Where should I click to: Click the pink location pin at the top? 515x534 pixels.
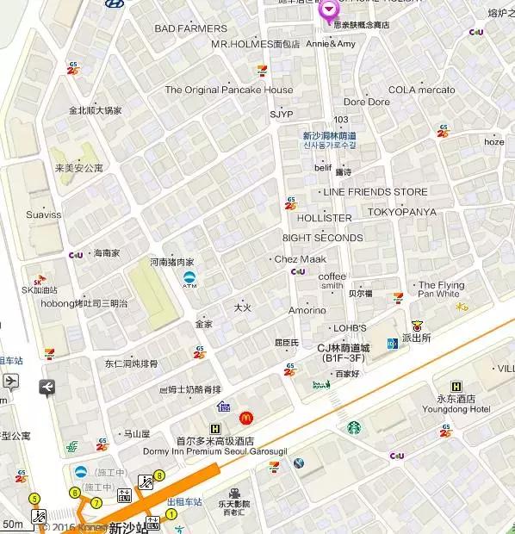coord(329,11)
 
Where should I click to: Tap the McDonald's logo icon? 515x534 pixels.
coord(245,418)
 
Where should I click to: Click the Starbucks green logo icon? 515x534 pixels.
coord(354,427)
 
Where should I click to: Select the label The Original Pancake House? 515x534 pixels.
coord(229,90)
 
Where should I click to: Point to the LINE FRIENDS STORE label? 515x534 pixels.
coord(375,191)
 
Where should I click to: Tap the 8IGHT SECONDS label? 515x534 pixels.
coord(322,238)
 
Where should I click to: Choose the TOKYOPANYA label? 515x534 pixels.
coord(401,212)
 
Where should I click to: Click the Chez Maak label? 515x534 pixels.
coord(300,259)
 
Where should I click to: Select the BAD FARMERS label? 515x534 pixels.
coord(190,28)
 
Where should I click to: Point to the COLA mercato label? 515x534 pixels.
coord(422,90)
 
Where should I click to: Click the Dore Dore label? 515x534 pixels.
coord(367,102)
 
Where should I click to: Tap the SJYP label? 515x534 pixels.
coord(281,114)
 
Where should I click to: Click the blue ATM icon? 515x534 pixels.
coord(189,279)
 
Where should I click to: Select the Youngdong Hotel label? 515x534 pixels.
coord(467,409)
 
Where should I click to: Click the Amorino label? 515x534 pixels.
coord(307,310)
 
